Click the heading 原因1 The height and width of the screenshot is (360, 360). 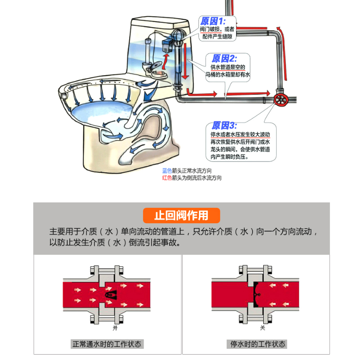(212, 21)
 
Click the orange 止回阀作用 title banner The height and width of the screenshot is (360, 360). (181, 216)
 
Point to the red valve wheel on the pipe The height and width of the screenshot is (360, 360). (280, 99)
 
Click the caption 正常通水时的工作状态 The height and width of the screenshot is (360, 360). (107, 344)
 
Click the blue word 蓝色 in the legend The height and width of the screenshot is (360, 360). (167, 171)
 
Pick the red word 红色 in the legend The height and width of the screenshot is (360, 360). (167, 178)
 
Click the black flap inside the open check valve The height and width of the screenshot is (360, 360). (110, 295)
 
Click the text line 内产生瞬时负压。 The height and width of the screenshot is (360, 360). (229, 157)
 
